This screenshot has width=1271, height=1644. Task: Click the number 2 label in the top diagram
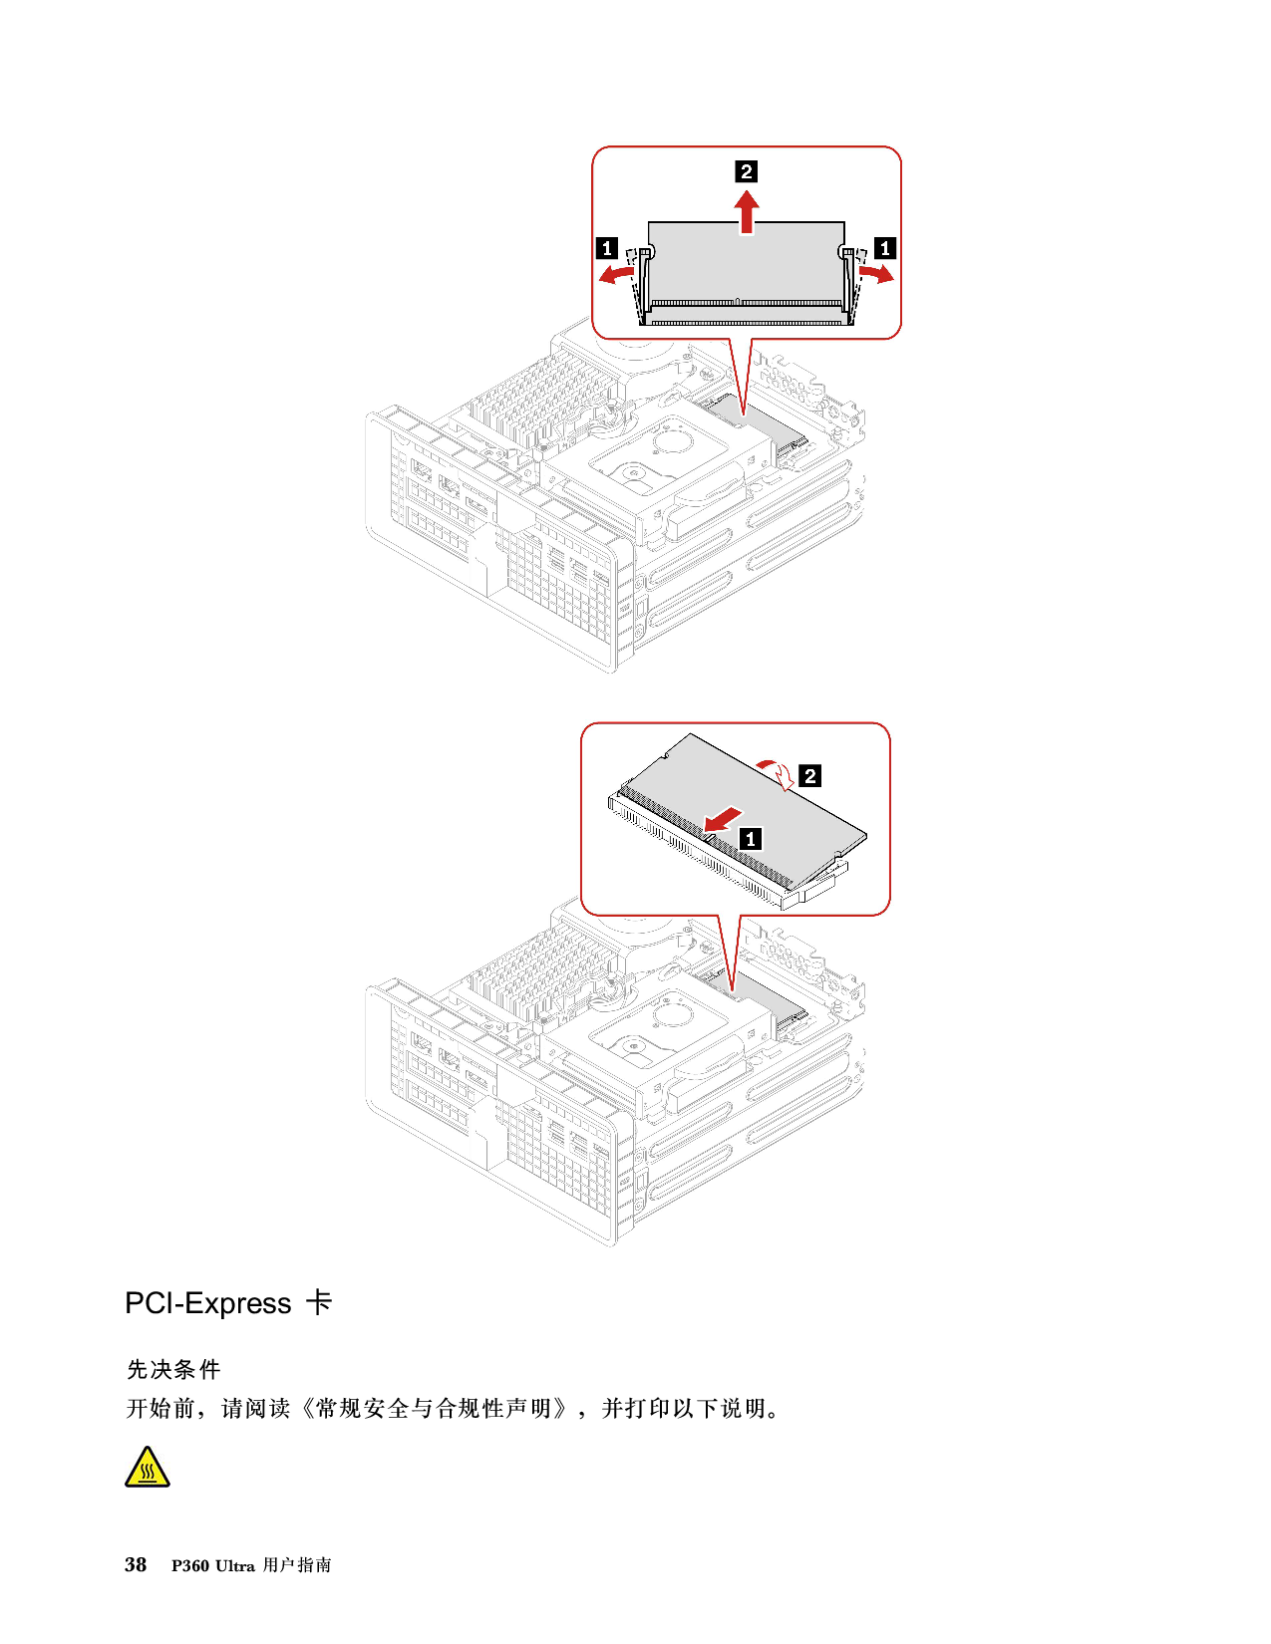click(x=746, y=171)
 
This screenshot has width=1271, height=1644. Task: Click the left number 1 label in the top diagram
click(x=607, y=248)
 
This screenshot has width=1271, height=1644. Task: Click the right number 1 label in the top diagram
click(x=884, y=248)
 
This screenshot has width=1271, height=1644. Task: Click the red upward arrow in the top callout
click(x=747, y=212)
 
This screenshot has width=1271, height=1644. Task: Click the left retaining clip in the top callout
click(x=643, y=284)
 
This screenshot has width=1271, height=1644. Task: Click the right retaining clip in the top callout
click(x=849, y=284)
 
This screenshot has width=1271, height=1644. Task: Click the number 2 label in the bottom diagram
click(x=809, y=775)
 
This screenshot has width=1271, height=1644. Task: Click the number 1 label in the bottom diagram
click(x=751, y=839)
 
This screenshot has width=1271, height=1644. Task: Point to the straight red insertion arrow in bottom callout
click(x=724, y=819)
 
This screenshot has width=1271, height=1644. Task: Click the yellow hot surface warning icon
click(x=148, y=1467)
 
